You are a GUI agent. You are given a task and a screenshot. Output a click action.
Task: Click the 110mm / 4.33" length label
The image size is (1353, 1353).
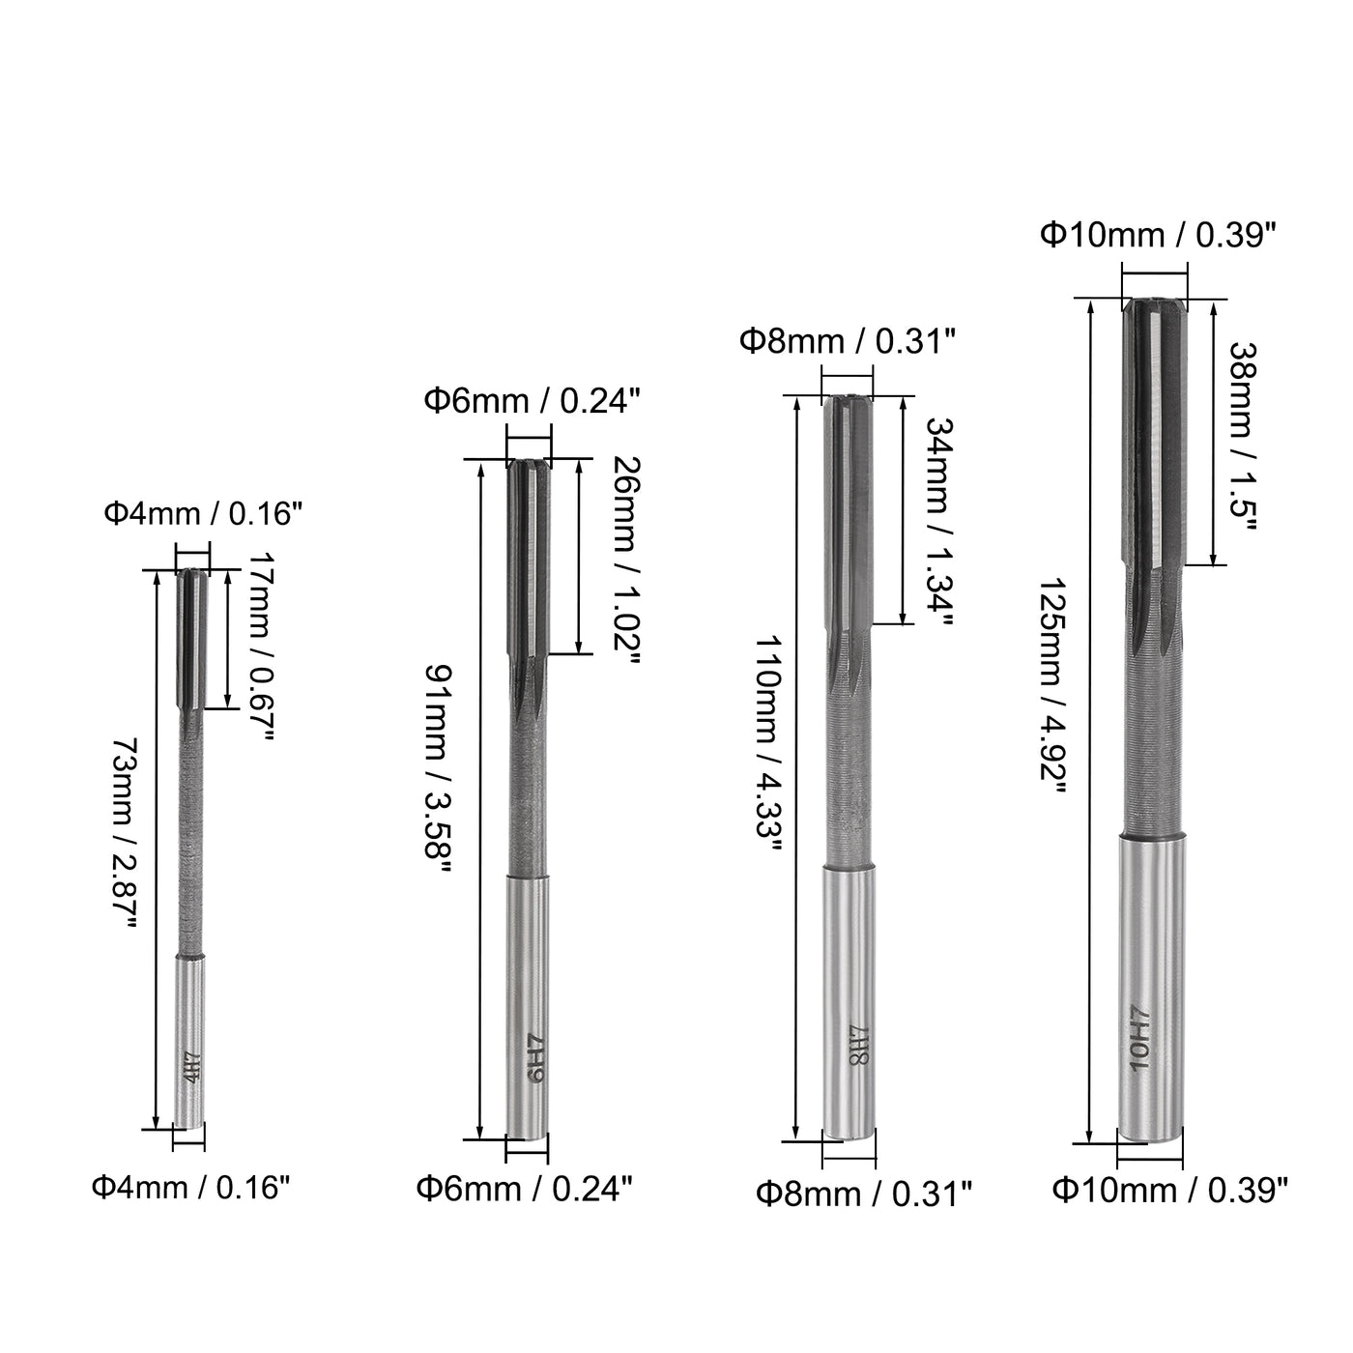click(767, 743)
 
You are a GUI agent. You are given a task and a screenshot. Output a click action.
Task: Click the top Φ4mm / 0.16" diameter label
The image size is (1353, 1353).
click(203, 514)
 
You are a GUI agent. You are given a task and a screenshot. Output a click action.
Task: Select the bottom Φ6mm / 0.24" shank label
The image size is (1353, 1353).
click(525, 1190)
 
